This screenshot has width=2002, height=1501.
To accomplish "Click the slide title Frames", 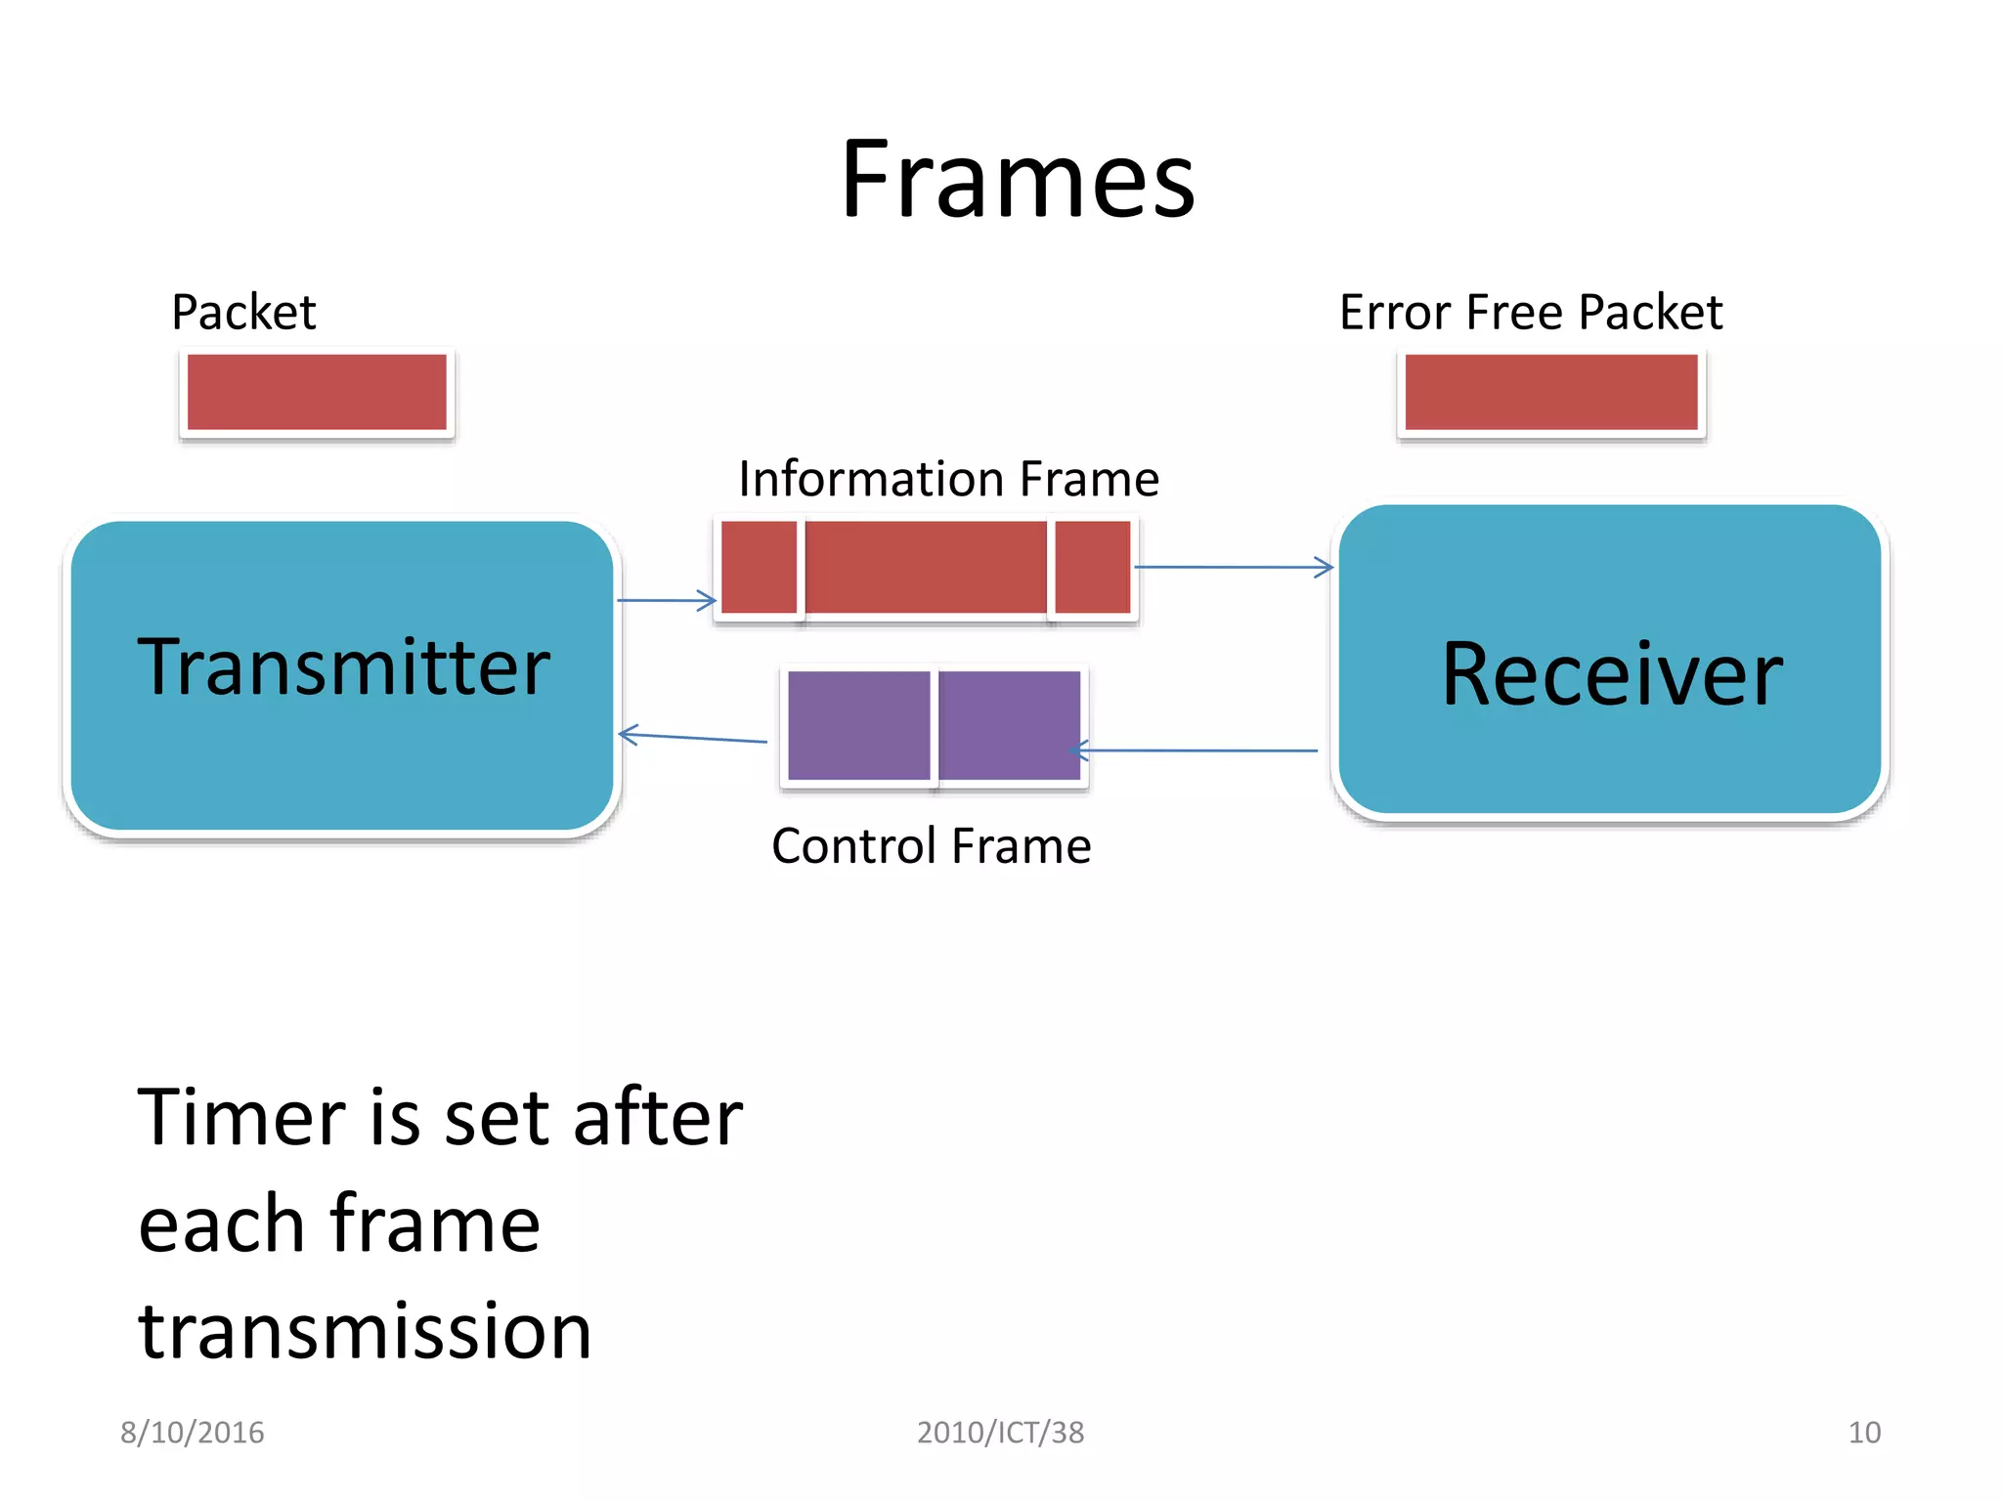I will tap(1017, 180).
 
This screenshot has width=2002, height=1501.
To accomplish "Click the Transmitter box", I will tap(342, 674).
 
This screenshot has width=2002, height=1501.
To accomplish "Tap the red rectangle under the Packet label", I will tap(317, 392).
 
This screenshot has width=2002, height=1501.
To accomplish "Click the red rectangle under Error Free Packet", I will tap(1550, 392).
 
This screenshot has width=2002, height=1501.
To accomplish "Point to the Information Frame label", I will tap(948, 479).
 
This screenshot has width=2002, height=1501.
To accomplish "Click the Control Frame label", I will tap(931, 846).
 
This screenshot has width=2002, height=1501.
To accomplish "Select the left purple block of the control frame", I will tap(858, 725).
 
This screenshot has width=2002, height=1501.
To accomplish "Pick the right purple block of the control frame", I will tap(1009, 725).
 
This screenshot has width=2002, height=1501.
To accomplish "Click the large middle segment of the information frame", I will tap(925, 567).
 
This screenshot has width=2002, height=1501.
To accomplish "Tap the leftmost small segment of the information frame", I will tap(759, 567).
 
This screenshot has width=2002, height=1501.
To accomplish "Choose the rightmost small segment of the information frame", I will tap(1092, 567).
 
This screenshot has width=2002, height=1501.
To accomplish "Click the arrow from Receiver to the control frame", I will tap(1197, 750).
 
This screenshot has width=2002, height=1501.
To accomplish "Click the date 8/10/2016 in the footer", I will tap(192, 1433).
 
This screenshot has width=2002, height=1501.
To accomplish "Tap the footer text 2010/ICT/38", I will tap(1000, 1433).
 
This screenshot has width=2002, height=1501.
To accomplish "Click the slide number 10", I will tap(1863, 1433).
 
